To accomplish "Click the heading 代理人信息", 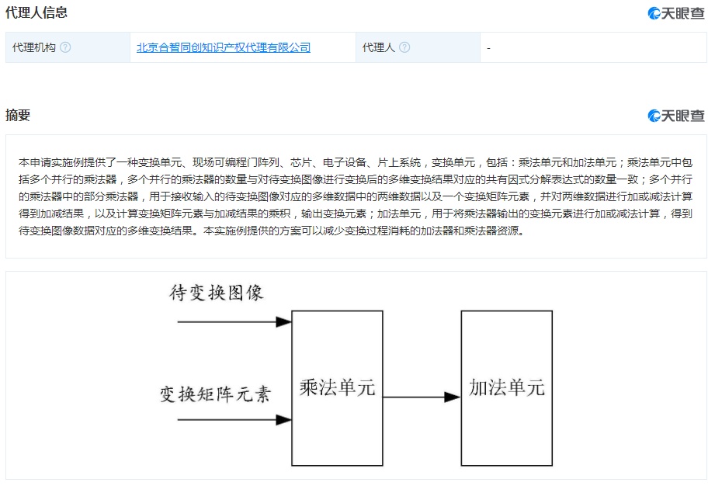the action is coord(36,12).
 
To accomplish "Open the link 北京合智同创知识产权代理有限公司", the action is coord(224,47).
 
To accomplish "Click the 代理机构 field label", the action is coord(33,47).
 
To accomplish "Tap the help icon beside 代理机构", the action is coord(65,47).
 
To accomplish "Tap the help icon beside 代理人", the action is coord(404,47).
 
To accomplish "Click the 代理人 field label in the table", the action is coord(379,47).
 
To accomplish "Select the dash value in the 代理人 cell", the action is coord(488,48).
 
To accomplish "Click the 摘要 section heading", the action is coord(18,115).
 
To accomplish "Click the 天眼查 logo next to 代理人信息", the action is coord(676,13).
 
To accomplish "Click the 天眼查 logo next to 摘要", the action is coord(676,116).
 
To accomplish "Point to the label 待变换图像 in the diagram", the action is coord(216,293).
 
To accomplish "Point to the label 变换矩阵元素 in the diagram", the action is coord(215,394).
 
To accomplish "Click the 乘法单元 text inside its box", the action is coord(337,387).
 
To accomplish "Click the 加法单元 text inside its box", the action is coord(507,387).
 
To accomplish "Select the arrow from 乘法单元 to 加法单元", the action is coord(422,397).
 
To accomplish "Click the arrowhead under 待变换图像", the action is coord(283,322).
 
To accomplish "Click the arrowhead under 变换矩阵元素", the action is coord(283,419).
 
